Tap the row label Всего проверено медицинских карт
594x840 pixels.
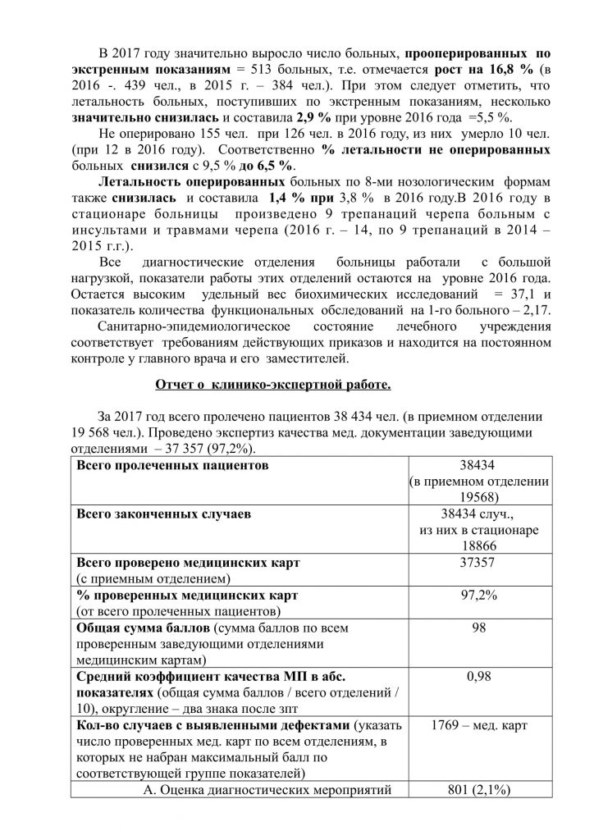tap(189, 564)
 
